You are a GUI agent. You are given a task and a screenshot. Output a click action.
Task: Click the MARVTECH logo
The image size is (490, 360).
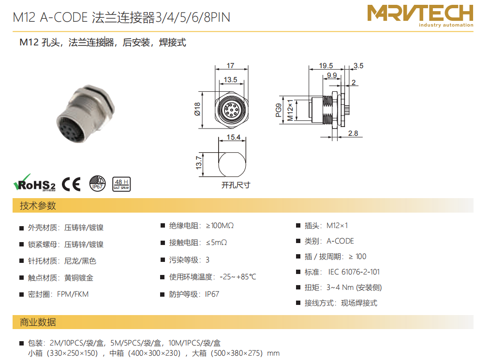click(420, 15)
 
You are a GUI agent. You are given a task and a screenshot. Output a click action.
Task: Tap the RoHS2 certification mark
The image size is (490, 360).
click(34, 183)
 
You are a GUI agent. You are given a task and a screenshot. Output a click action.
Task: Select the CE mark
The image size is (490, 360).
click(71, 184)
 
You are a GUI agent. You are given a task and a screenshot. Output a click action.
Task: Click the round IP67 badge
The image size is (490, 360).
click(98, 183)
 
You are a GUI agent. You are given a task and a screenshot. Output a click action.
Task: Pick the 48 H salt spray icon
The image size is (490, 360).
click(121, 184)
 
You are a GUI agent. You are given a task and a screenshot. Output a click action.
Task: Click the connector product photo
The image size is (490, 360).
click(86, 114)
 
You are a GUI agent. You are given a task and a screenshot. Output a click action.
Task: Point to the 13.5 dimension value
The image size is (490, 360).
click(230, 80)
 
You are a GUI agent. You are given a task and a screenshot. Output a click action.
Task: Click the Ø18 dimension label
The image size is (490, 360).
click(197, 109)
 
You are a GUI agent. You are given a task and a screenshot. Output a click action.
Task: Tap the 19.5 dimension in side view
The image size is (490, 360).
click(326, 66)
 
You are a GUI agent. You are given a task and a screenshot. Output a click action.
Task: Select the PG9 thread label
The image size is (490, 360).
click(278, 110)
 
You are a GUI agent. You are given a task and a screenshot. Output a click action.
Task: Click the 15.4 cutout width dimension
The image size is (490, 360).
click(234, 137)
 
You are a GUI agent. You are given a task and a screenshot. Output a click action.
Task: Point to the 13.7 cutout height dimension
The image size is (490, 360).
click(199, 163)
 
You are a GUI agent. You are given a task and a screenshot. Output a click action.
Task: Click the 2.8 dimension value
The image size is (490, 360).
click(353, 133)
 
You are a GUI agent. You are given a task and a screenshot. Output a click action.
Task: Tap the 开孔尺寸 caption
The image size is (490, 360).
click(236, 185)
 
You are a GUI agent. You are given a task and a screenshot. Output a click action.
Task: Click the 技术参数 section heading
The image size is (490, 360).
click(38, 205)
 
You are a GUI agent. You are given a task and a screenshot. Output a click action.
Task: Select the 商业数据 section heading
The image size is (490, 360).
click(38, 322)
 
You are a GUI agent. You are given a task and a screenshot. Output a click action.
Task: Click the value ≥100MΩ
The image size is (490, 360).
click(220, 226)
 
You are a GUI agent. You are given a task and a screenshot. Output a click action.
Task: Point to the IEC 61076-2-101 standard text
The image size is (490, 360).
click(354, 272)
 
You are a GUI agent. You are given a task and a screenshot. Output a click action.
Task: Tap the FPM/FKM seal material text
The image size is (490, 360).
click(73, 294)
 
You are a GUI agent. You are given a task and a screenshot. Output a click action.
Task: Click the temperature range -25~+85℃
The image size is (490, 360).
click(238, 277)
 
